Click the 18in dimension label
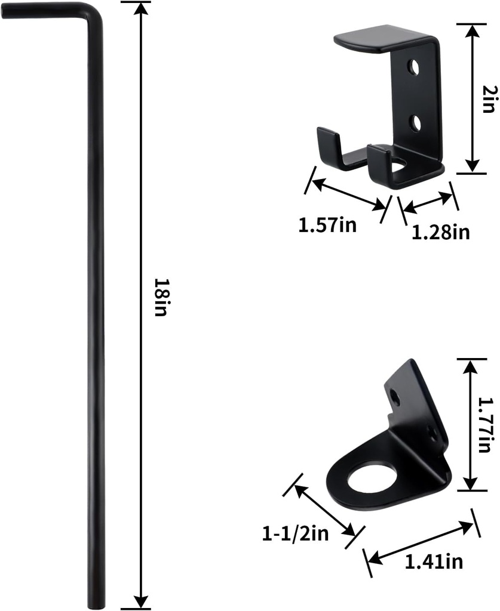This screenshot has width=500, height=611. tap(159, 297)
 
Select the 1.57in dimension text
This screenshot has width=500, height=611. tap(327, 225)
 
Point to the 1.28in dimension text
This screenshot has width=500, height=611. tap(440, 232)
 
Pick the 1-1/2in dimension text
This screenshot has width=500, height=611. tap(295, 534)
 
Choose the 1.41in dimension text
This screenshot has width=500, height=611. tap(434, 561)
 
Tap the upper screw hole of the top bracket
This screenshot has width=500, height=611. tap(413, 67)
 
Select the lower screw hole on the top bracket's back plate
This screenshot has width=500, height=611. tap(414, 122)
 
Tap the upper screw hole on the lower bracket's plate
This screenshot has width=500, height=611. tap(396, 394)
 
